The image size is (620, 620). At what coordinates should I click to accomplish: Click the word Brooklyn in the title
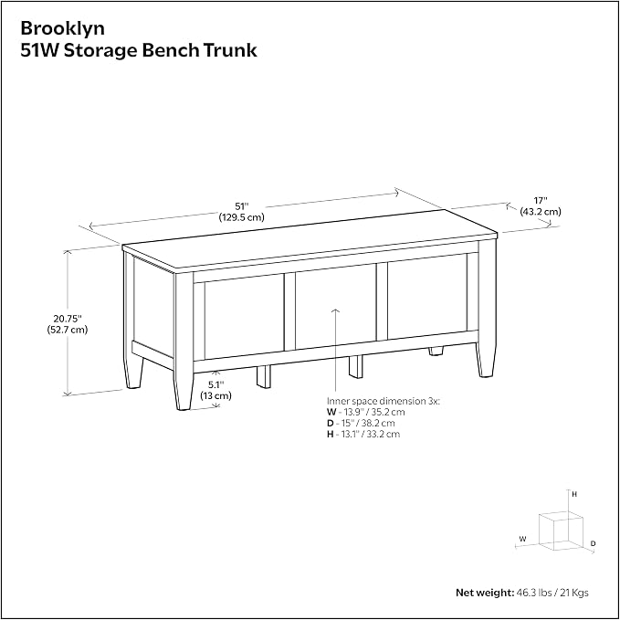pyautogui.click(x=62, y=28)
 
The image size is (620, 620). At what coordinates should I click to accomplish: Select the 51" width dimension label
pyautogui.click(x=242, y=206)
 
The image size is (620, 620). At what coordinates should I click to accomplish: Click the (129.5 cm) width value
pyautogui.click(x=242, y=217)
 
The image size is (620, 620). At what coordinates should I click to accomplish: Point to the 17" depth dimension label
pyautogui.click(x=541, y=201)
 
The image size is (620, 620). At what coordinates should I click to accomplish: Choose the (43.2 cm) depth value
pyautogui.click(x=541, y=212)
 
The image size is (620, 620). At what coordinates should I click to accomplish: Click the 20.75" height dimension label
pyautogui.click(x=68, y=319)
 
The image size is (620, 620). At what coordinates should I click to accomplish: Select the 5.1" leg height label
pyautogui.click(x=215, y=384)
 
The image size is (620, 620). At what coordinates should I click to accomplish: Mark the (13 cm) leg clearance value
pyautogui.click(x=215, y=395)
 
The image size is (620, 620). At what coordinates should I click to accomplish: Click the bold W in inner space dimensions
pyautogui.click(x=331, y=412)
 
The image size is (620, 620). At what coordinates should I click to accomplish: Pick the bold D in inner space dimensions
pyautogui.click(x=331, y=423)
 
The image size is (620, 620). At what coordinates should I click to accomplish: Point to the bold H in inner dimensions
pyautogui.click(x=331, y=434)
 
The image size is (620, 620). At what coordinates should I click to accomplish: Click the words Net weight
pyautogui.click(x=485, y=593)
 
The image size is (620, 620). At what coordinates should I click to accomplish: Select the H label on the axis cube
pyautogui.click(x=574, y=494)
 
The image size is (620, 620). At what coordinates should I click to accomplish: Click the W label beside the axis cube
pyautogui.click(x=522, y=539)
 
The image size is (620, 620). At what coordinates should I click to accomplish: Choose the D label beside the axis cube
pyautogui.click(x=594, y=544)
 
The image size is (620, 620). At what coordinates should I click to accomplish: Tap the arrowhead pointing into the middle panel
pyautogui.click(x=335, y=311)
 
